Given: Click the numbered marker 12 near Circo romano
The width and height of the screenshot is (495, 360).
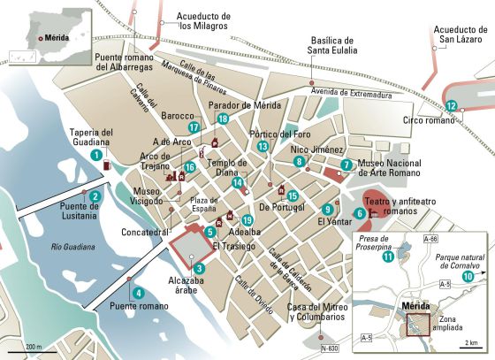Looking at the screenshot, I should click(x=452, y=106).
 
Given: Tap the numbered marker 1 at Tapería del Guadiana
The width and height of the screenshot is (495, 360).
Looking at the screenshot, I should click(x=95, y=156).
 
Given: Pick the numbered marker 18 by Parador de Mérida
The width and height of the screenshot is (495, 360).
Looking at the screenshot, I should click(x=223, y=119).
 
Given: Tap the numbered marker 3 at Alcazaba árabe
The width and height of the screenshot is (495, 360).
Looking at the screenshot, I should click(x=200, y=269).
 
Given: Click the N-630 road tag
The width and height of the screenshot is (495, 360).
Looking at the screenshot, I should click(x=329, y=349).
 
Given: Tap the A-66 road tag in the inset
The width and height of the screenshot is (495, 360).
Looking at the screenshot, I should click(x=430, y=240).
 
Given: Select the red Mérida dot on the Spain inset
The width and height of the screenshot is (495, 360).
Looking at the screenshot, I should click(x=38, y=38).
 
